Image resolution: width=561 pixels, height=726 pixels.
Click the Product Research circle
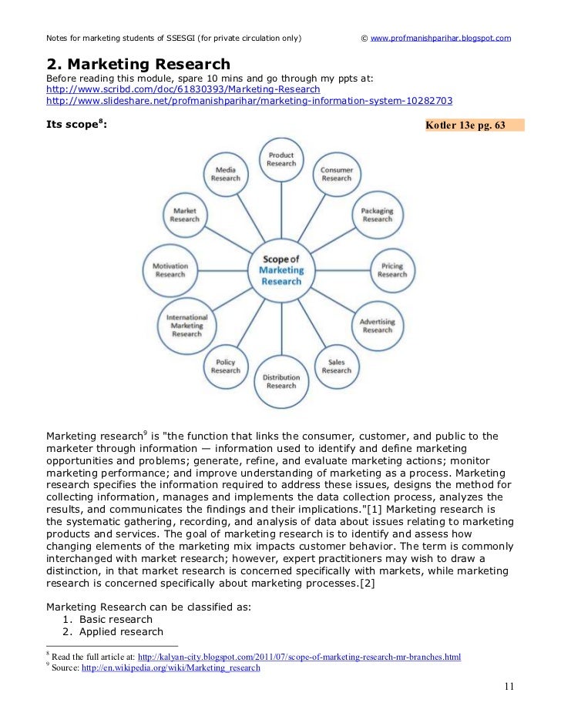point(281,159)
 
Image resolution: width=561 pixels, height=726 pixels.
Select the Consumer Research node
point(336,174)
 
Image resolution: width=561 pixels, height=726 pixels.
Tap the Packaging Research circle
point(377,214)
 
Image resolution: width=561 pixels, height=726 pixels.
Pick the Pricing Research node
point(391,270)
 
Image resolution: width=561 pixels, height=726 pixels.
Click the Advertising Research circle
point(377,326)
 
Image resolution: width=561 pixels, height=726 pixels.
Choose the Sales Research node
point(336,366)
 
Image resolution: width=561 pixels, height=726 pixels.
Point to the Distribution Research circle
point(280,381)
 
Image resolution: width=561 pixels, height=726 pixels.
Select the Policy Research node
point(225,366)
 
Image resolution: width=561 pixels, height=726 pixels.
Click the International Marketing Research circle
point(186,326)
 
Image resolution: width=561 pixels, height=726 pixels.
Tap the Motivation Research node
point(170,270)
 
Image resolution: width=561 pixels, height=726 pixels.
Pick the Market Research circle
point(185,214)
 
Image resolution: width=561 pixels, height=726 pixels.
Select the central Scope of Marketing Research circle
point(281,270)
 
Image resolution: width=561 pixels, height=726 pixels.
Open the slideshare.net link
point(249,100)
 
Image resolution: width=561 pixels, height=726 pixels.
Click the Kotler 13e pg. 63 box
point(474,125)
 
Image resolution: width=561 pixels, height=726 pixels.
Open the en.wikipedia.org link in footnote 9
point(198,668)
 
